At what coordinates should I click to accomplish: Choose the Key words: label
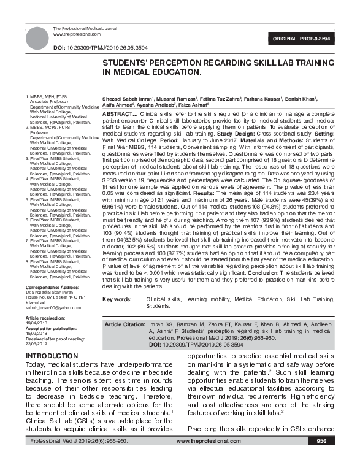pos(117,299)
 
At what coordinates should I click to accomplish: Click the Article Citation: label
pos(126,323)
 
